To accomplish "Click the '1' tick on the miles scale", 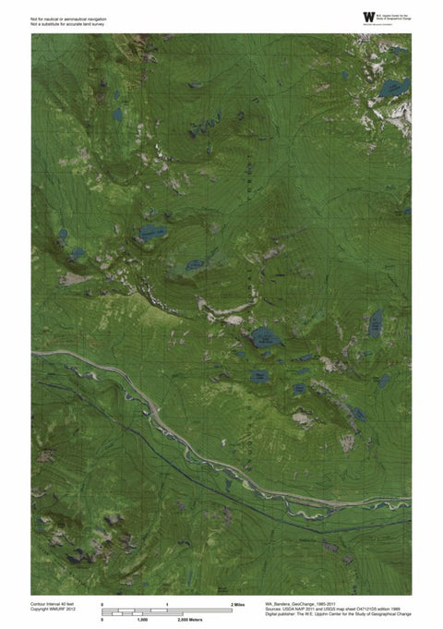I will (x=167, y=603).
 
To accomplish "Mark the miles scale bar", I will (x=167, y=609).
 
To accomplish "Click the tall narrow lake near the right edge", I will (x=376, y=323).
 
